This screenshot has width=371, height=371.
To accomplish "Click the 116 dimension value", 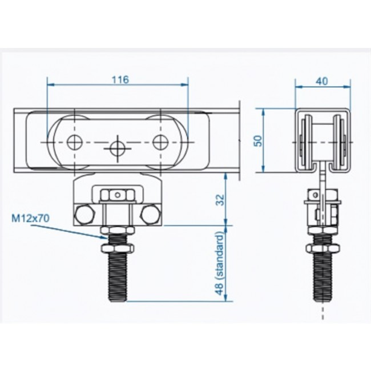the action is pos(120,79).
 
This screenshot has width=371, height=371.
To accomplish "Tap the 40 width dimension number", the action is pos(322,81).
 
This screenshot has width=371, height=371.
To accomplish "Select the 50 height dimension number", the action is pos(259,141).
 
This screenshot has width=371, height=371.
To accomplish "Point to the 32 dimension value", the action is pos(220,200).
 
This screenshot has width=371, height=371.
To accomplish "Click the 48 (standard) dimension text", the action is pos(220,264).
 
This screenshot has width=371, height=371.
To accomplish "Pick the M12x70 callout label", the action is pos(31,219).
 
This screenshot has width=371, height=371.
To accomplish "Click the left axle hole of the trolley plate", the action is pos(75,143).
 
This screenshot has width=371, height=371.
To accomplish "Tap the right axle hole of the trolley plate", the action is pos(160,143).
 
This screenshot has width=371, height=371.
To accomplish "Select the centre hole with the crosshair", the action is pos(118,148).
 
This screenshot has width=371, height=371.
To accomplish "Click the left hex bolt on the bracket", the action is pos(85,215).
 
